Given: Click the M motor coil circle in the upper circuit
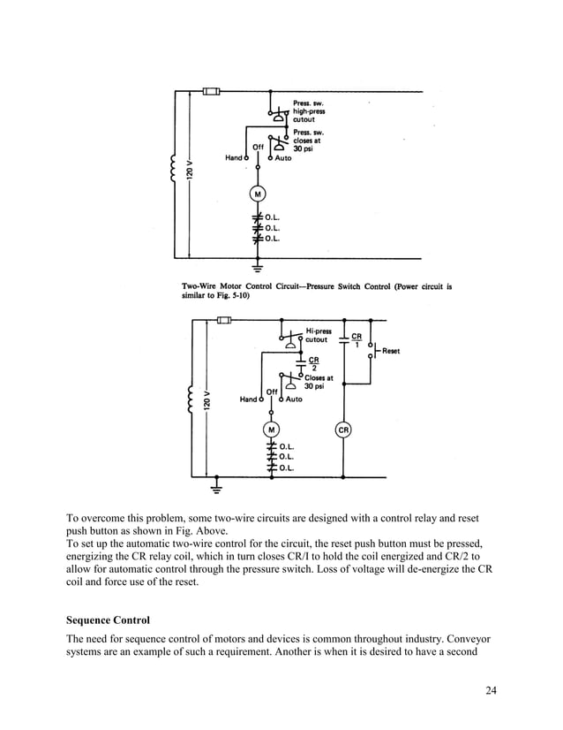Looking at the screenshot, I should click(258, 193).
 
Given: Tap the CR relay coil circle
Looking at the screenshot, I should click(343, 430).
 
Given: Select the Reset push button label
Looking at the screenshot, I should click(390, 351).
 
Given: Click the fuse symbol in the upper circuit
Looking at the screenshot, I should click(211, 91).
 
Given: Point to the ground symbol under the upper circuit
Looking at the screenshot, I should click(258, 264).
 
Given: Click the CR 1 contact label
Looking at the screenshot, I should click(357, 340).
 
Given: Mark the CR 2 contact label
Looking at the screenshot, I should click(313, 363).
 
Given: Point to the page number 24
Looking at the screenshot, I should click(491, 690).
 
